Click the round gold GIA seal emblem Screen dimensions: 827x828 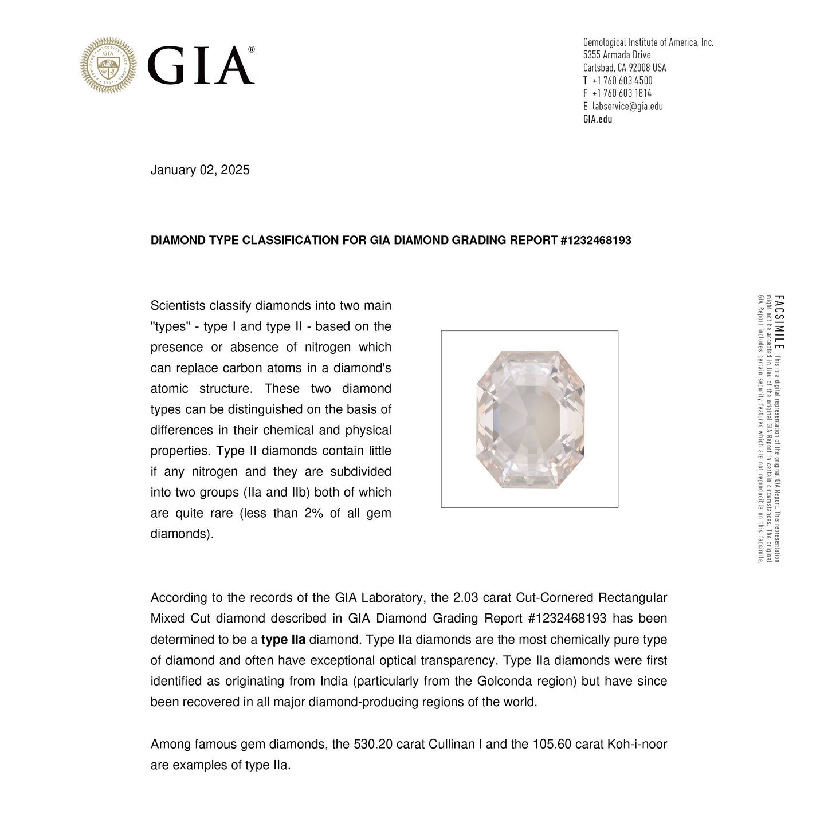[108, 65]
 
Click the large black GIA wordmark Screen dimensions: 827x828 [200, 66]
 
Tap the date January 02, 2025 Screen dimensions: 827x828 [200, 170]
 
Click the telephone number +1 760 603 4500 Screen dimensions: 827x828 [622, 81]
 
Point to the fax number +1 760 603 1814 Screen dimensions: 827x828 [622, 93]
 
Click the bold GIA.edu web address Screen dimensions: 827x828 [598, 119]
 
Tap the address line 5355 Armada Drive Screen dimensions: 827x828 [617, 55]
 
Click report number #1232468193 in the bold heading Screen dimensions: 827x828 [595, 241]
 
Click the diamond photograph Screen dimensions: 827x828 [529, 419]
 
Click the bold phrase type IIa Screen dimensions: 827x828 [283, 640]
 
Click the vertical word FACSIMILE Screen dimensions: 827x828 [779, 322]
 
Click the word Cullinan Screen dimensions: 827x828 [451, 745]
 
